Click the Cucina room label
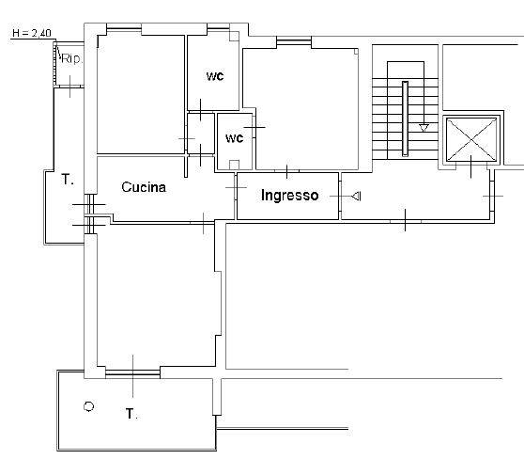point(144,187)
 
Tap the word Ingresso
point(290,196)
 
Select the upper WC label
point(215,76)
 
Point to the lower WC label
point(234,138)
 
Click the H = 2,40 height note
point(32,33)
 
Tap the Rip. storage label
point(71,59)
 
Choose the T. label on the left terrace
point(68,180)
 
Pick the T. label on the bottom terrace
point(131,414)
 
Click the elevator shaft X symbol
point(471,139)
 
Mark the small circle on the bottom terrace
point(88,406)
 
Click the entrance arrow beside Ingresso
point(356,196)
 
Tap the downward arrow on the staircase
point(424,128)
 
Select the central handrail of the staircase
point(405,119)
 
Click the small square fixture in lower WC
point(234,165)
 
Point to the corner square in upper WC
point(234,36)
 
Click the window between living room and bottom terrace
point(132,372)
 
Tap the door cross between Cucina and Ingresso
point(236,187)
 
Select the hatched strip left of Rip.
point(54,65)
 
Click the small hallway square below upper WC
point(201,134)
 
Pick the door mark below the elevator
point(471,166)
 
